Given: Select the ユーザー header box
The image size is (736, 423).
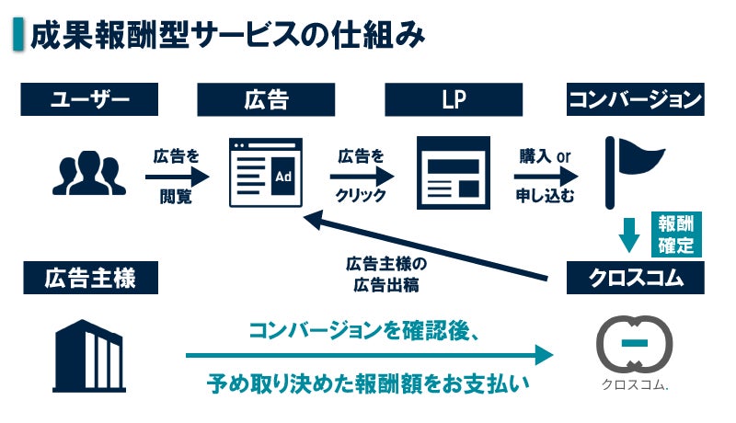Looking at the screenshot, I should pyautogui.click(x=88, y=99).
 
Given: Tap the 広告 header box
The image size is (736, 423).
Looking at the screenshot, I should pyautogui.click(x=267, y=99).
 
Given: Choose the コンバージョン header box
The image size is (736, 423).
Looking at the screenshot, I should pyautogui.click(x=636, y=99).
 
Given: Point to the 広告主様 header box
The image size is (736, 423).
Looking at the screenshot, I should pyautogui.click(x=88, y=279).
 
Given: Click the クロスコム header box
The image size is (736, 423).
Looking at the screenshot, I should pyautogui.click(x=636, y=279).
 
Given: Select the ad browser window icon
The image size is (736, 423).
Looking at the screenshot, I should pyautogui.click(x=266, y=173).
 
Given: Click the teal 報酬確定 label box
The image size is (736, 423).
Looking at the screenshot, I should pyautogui.click(x=678, y=234).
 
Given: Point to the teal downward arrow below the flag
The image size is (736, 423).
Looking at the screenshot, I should pyautogui.click(x=629, y=234).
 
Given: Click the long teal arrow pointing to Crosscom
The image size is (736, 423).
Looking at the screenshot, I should pyautogui.click(x=368, y=355).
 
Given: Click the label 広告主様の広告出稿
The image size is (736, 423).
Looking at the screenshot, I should pyautogui.click(x=386, y=274).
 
